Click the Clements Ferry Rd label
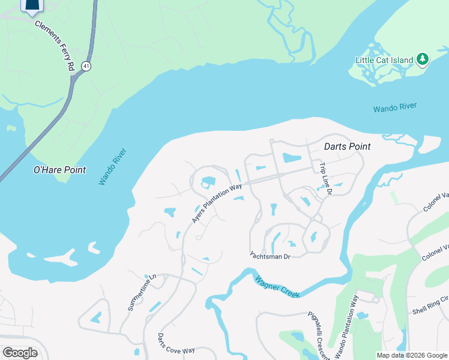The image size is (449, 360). click(54, 46)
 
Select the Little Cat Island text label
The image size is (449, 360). click(384, 60)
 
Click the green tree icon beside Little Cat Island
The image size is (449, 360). click(423, 59)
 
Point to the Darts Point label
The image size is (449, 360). click(347, 146)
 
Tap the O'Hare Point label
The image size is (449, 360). click(59, 170)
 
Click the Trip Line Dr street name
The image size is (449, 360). click(325, 179)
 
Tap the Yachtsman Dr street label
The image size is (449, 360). click(270, 256)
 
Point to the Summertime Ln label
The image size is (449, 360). click(142, 293)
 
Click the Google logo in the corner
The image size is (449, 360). click(20, 352)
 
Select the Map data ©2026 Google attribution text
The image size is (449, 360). click(411, 355)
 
